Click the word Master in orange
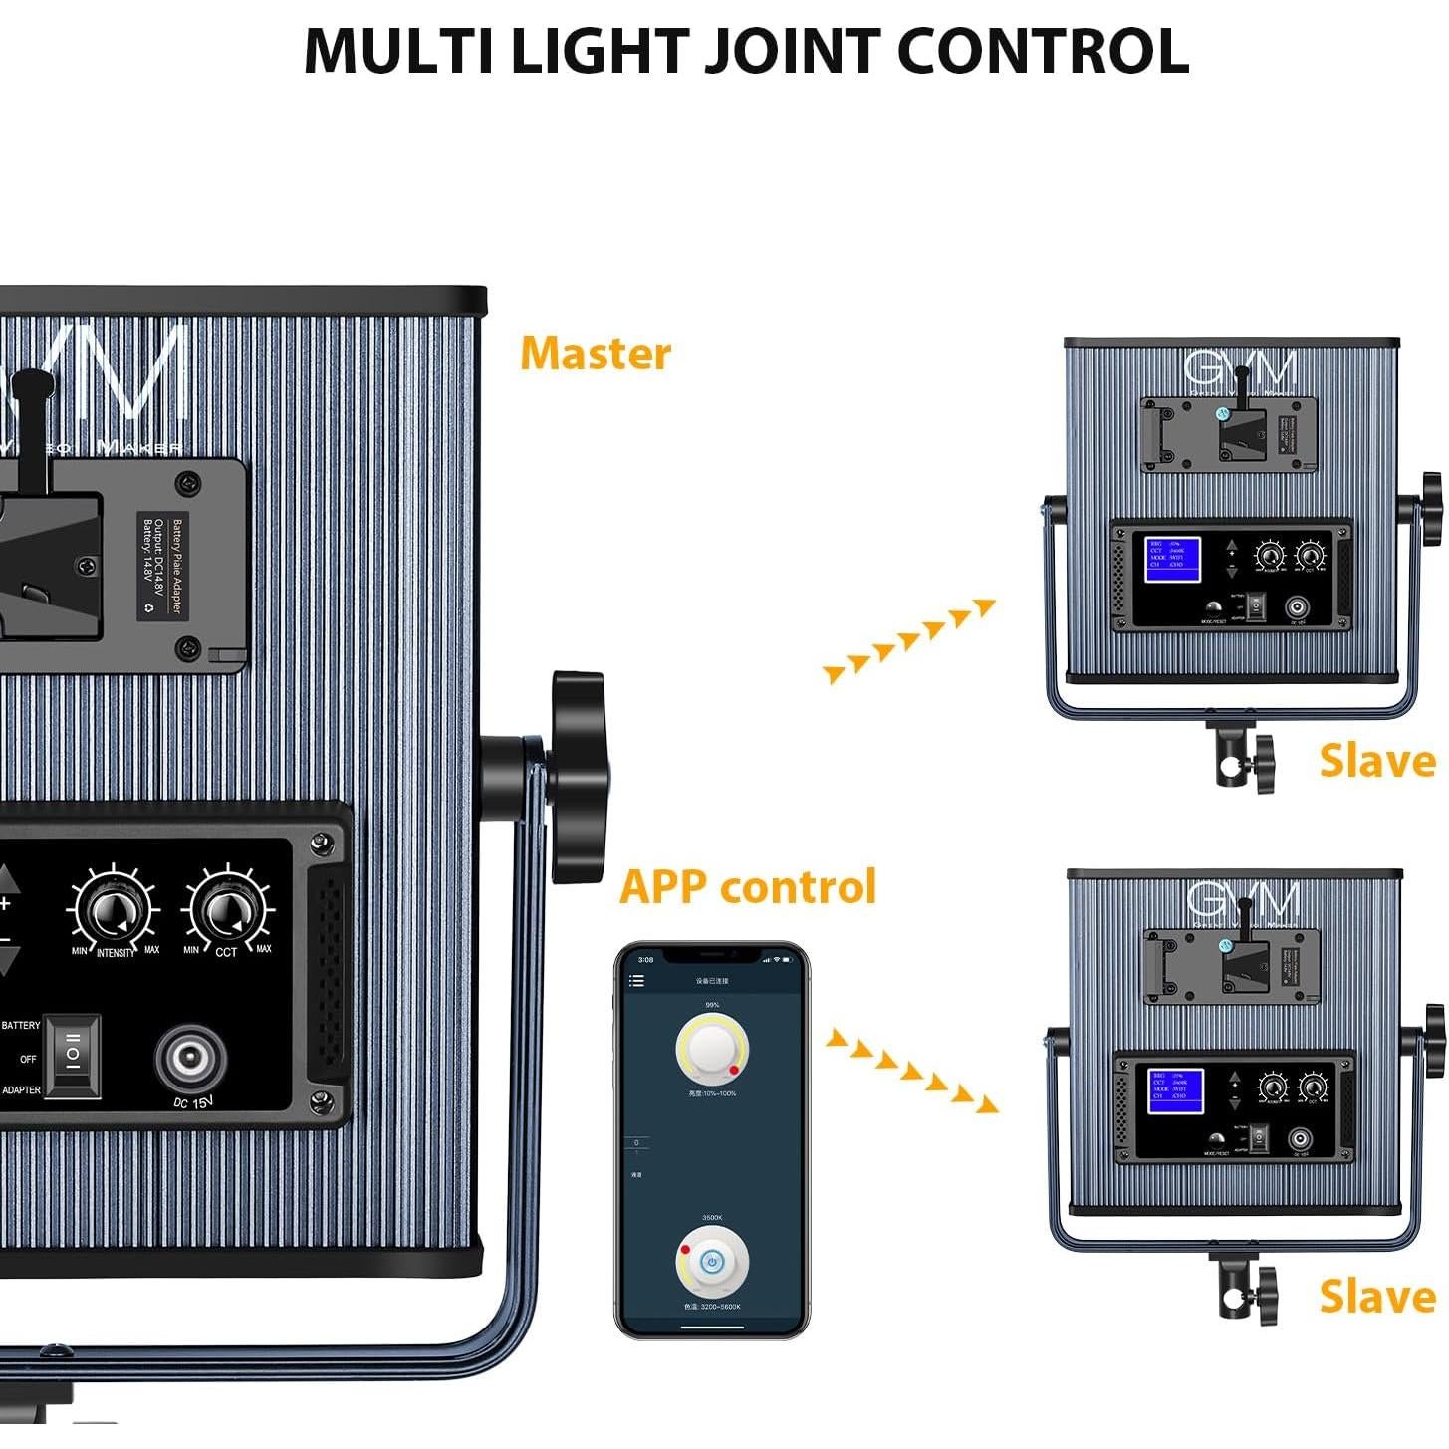point(596,354)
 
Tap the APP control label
point(748,886)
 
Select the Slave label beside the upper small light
point(1376,761)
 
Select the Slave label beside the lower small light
point(1376,1297)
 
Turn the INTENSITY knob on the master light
point(113,910)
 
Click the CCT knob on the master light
point(228,910)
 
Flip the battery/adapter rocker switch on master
point(73,1057)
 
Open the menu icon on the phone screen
point(636,981)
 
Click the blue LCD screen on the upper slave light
point(1173,560)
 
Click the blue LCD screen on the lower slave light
point(1176,1091)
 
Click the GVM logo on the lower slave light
point(1242,901)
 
